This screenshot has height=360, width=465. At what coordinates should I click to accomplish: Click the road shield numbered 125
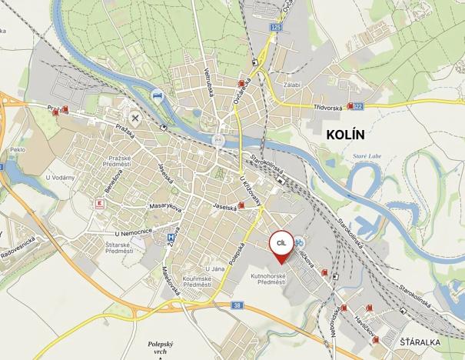(x=276, y=28)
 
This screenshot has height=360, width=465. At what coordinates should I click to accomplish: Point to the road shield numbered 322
(x=378, y=106)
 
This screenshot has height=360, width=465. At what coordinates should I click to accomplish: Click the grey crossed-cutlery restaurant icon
(x=136, y=118)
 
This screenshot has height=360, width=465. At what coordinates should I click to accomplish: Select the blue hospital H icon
(x=171, y=238)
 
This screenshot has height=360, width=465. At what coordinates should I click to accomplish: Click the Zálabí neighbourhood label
(x=292, y=85)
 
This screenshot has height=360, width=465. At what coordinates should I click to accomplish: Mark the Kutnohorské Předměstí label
(x=269, y=278)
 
